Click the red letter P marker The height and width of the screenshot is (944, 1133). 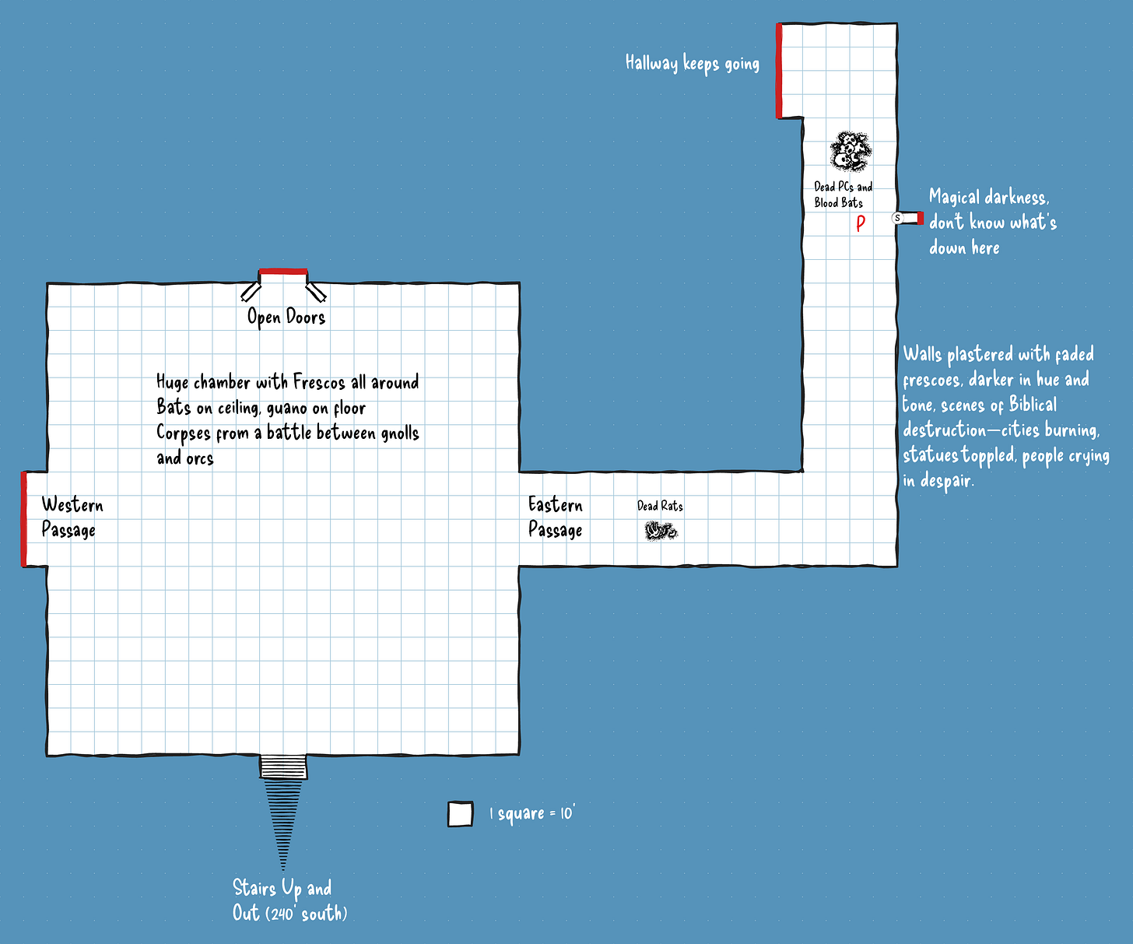click(861, 223)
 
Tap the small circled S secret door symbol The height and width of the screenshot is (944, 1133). click(897, 218)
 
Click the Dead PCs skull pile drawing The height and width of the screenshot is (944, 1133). click(850, 152)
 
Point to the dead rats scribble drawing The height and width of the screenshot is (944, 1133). click(661, 532)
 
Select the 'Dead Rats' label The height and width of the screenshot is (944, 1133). click(660, 506)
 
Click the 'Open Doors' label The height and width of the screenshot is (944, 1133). click(286, 317)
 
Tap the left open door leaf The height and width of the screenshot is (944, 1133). click(251, 291)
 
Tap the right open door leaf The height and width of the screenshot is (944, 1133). click(315, 291)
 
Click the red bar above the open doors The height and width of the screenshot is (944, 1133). click(283, 272)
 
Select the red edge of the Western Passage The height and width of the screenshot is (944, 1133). click(24, 518)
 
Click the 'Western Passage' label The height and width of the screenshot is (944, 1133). click(71, 518)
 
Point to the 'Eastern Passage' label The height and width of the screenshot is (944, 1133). click(556, 518)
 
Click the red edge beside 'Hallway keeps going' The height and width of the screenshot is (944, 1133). click(779, 71)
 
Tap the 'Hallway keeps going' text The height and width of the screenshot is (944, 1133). click(692, 63)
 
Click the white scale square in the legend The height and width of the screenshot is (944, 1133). click(460, 814)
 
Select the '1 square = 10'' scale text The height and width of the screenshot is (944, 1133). click(531, 814)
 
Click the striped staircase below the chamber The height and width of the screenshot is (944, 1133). click(283, 809)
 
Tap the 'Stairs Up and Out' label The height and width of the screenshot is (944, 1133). click(289, 900)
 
